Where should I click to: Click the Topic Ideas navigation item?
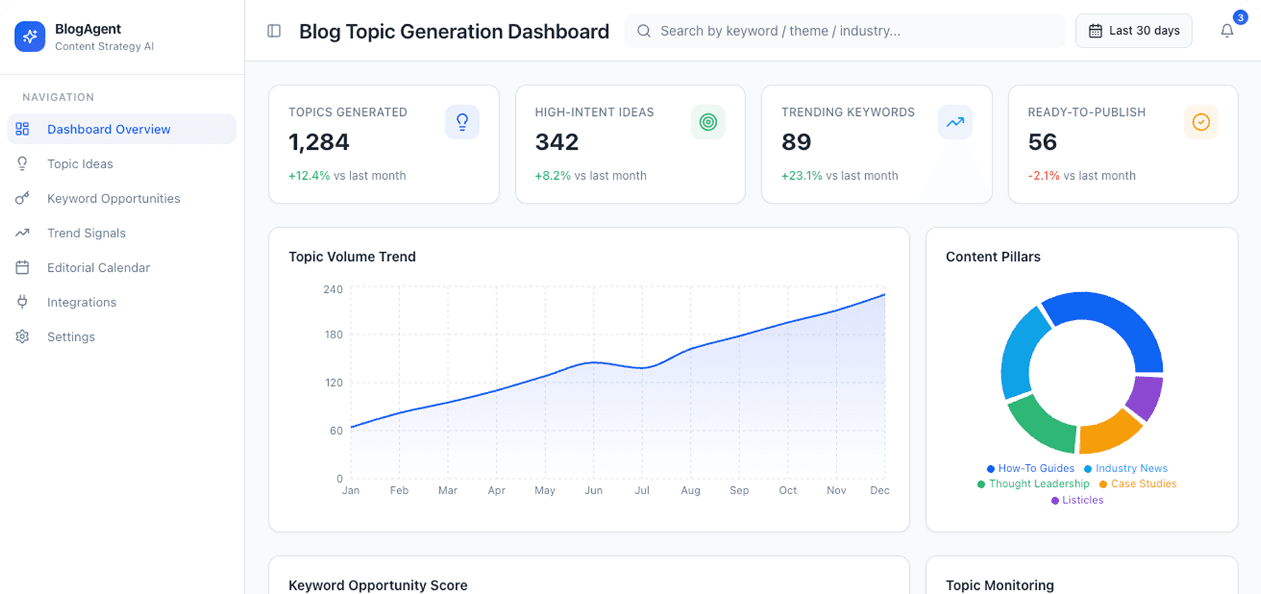[x=80, y=164]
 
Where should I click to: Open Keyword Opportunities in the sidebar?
[x=113, y=199]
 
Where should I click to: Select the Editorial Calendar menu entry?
[x=98, y=268]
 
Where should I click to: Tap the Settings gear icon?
[x=22, y=337]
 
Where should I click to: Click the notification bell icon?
[x=1226, y=31]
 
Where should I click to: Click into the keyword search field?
[x=844, y=31]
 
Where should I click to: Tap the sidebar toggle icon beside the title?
[x=274, y=31]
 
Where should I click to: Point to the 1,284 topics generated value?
[x=319, y=142]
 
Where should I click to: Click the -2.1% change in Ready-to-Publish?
[x=1043, y=176]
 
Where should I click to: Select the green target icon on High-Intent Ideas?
[x=708, y=122]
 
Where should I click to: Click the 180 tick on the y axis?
[x=334, y=335]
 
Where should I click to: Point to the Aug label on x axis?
[x=690, y=490]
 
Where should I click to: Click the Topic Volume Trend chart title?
[x=352, y=257]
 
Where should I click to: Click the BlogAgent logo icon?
[x=30, y=37]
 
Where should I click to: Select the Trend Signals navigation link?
[x=86, y=233]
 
